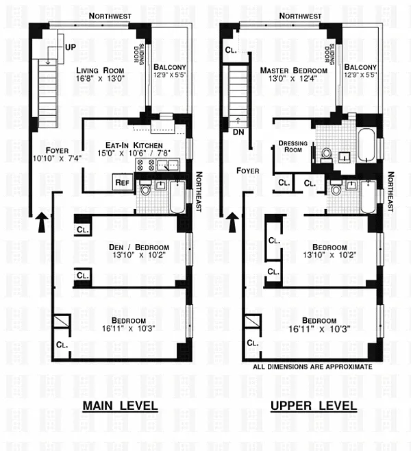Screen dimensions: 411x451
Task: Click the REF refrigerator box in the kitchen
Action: [x=123, y=182]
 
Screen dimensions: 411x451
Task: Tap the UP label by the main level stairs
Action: [x=71, y=47]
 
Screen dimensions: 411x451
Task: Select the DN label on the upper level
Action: [x=238, y=132]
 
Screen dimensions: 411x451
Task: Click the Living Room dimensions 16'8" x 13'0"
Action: [x=100, y=78]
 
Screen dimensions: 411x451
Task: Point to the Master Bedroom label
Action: [x=293, y=71]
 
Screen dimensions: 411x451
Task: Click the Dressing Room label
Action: [x=293, y=147]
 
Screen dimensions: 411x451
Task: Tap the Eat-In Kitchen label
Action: [x=134, y=145]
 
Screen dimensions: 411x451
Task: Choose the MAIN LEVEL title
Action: [x=120, y=406]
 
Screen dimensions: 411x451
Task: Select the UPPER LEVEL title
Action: [x=314, y=406]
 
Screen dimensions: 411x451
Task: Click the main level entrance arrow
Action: [x=42, y=222]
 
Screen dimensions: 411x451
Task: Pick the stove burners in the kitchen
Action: [x=146, y=164]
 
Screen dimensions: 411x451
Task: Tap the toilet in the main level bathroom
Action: [x=145, y=188]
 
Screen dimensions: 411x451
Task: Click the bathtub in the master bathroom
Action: [x=366, y=145]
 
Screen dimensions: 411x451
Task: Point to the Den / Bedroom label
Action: [x=139, y=247]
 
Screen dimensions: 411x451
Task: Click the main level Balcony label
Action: [x=170, y=67]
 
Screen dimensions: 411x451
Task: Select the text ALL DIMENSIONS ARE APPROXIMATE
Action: [x=312, y=367]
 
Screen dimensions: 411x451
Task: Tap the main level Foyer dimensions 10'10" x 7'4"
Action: [x=57, y=158]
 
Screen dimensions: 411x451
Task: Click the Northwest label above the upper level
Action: [x=300, y=16]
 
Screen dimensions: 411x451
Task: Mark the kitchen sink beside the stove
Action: [x=168, y=165]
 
